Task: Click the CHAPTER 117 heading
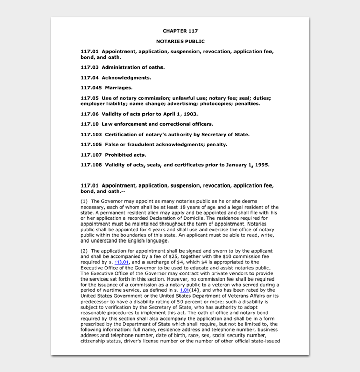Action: [180, 31]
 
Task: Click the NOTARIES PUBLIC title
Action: [180, 41]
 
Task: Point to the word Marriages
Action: [119, 88]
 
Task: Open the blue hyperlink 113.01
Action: [121, 262]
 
